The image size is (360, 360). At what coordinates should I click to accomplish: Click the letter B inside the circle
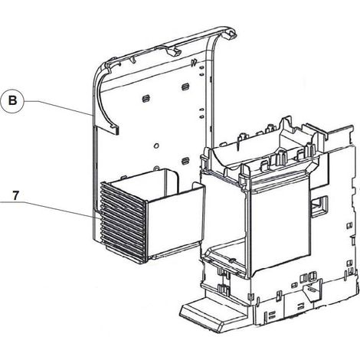[x=12, y=100]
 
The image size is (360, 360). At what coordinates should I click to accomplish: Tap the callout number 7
[x=15, y=196]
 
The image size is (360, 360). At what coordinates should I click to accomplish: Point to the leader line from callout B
[x=57, y=108]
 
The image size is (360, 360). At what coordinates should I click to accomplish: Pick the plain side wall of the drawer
[x=175, y=221]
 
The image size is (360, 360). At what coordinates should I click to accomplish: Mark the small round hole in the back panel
[x=156, y=146]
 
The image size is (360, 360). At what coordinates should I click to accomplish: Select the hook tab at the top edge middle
[x=173, y=51]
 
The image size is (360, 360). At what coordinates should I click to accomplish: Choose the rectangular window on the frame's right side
[x=319, y=206]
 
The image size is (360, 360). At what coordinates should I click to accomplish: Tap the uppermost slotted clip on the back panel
[x=185, y=87]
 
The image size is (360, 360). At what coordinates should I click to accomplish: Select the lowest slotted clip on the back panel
[x=185, y=161]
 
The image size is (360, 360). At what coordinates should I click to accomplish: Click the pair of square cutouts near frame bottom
[x=308, y=277]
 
